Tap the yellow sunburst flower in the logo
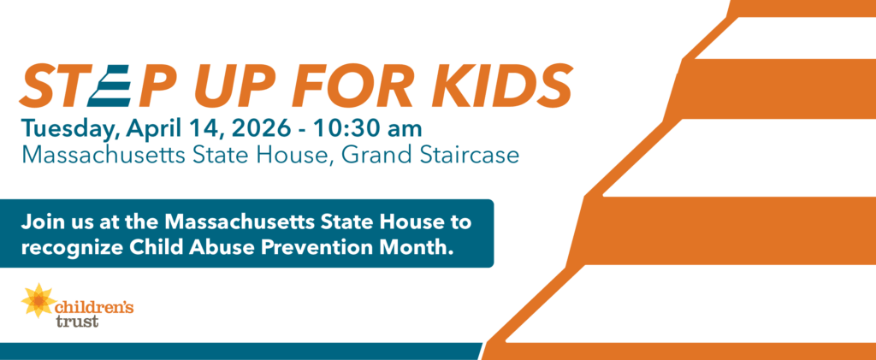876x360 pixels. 38,301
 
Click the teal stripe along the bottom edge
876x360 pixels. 240,351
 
